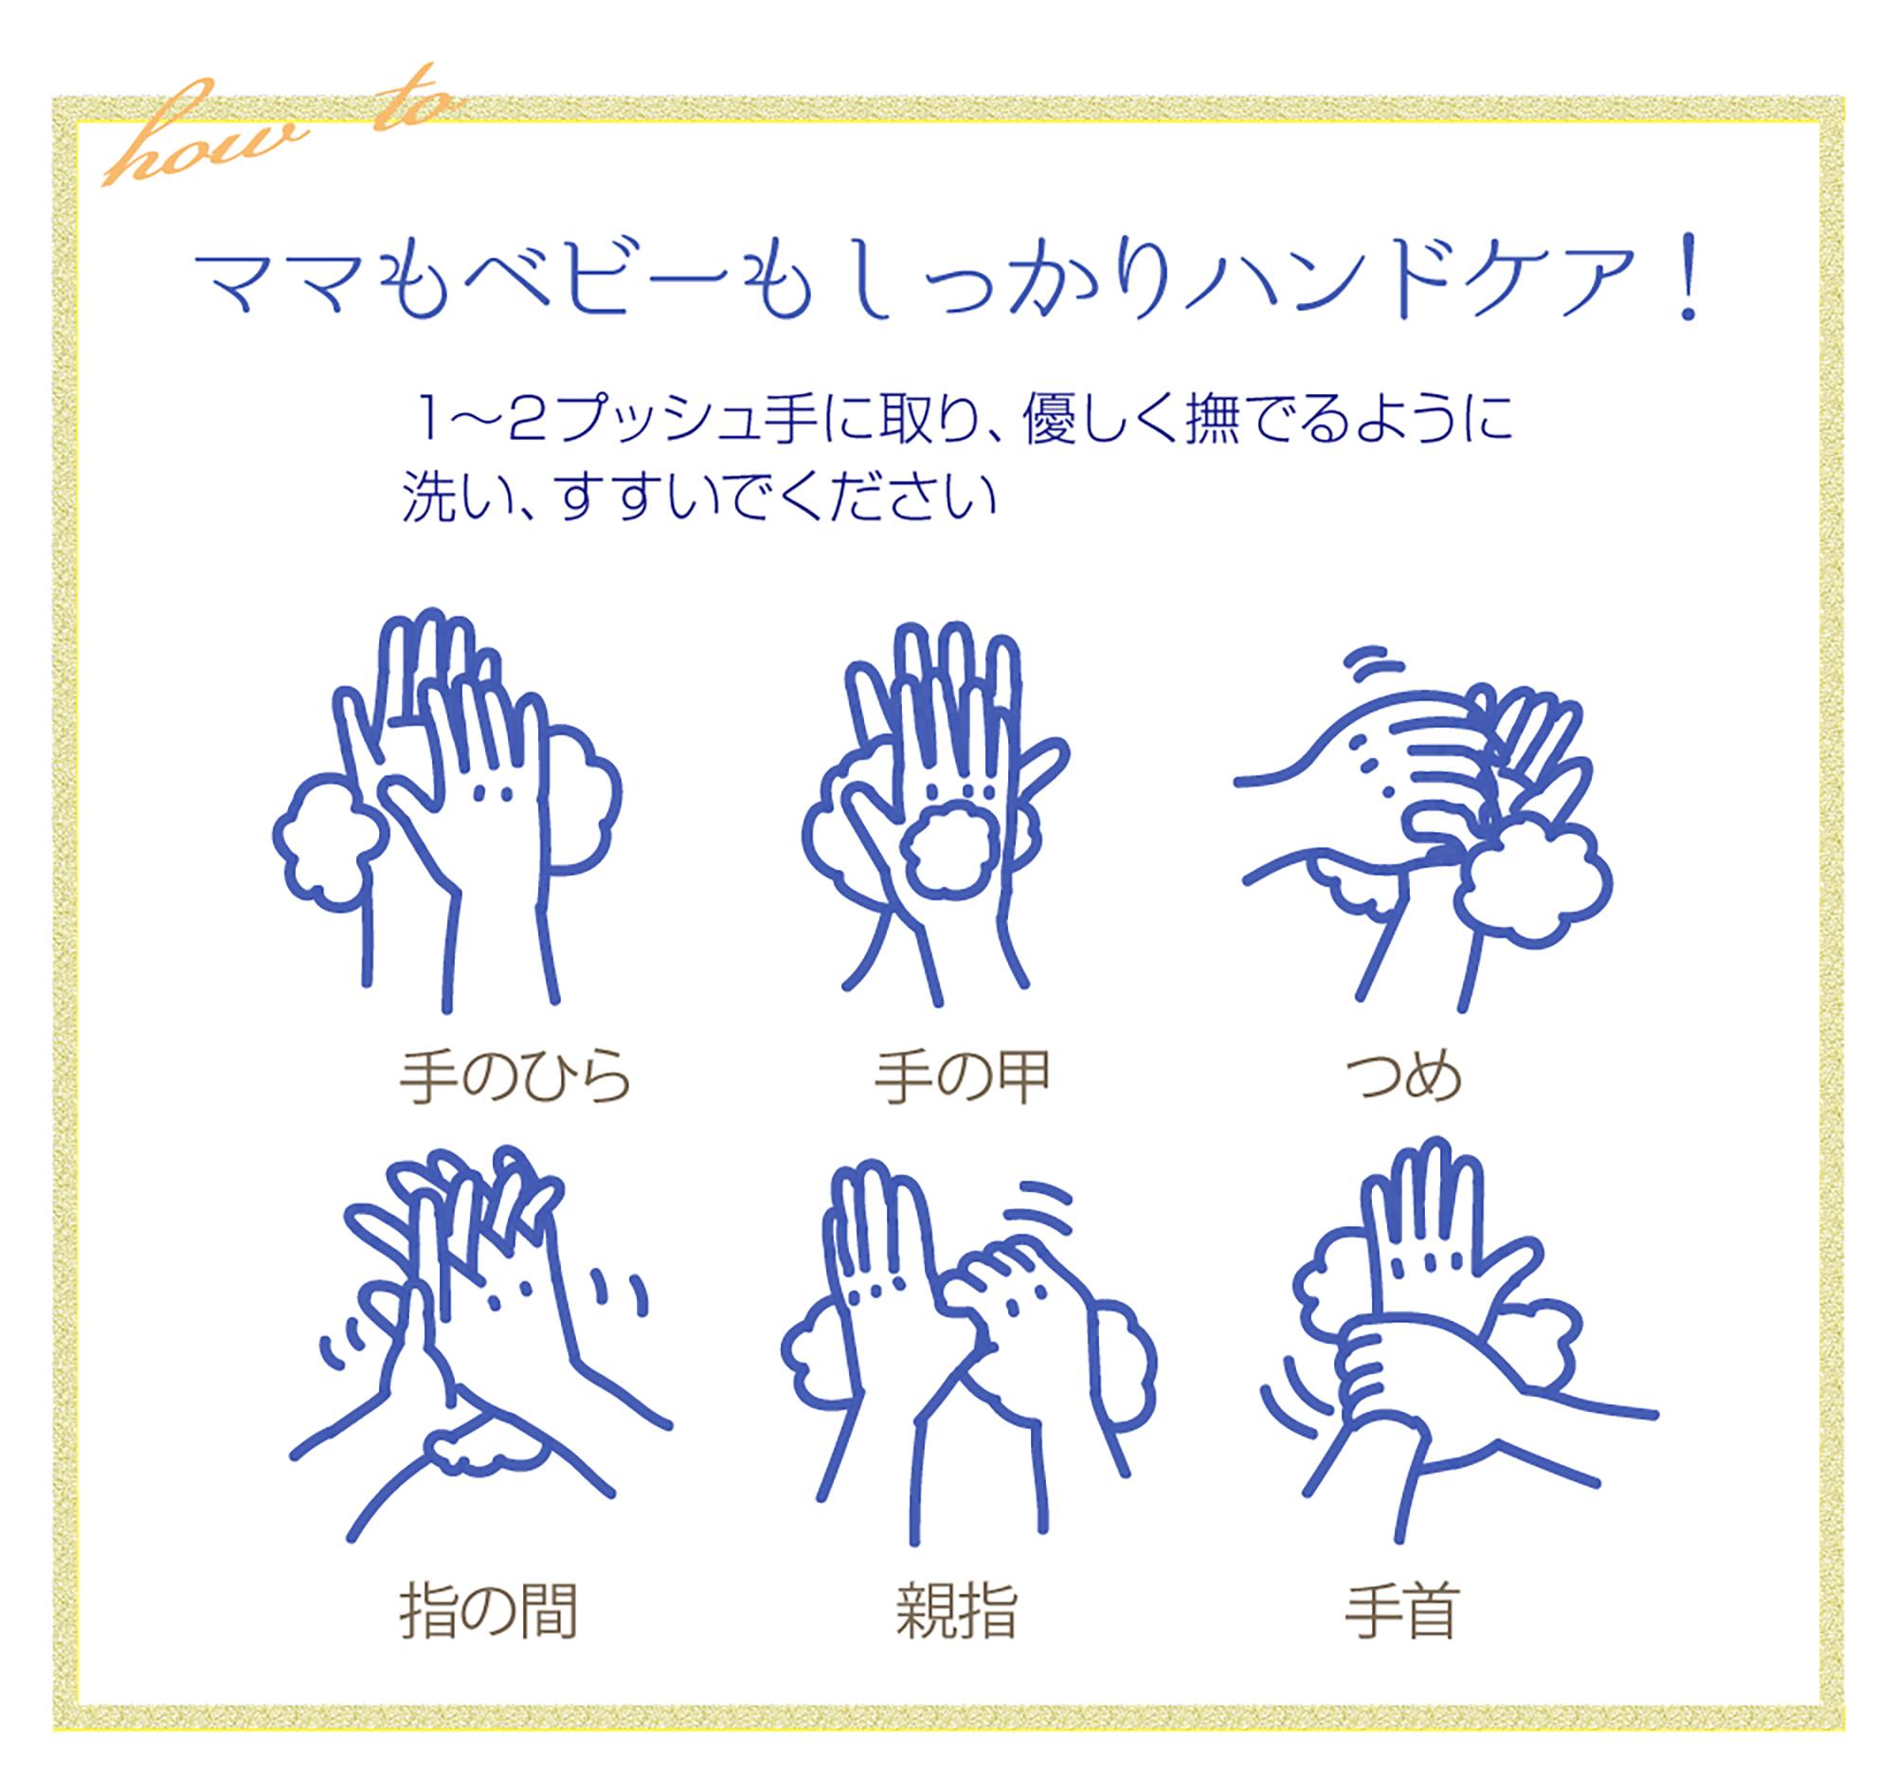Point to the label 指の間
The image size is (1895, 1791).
(x=489, y=1613)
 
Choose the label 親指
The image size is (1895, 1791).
(x=957, y=1613)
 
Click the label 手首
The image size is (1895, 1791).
(x=1401, y=1613)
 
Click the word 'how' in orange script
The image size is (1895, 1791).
(x=206, y=138)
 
